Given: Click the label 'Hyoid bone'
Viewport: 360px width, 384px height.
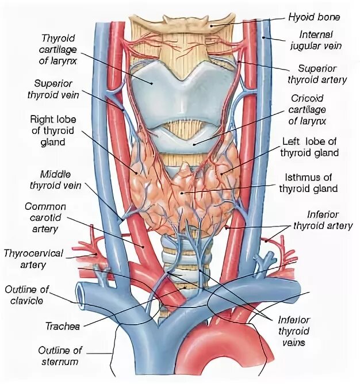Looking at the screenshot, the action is pyautogui.click(x=314, y=17).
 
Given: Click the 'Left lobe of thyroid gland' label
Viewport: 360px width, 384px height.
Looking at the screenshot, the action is pyautogui.click(x=310, y=148).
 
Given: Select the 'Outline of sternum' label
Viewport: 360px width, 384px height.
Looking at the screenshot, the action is pyautogui.click(x=60, y=355).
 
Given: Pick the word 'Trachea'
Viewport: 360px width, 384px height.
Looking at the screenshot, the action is pyautogui.click(x=62, y=326).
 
